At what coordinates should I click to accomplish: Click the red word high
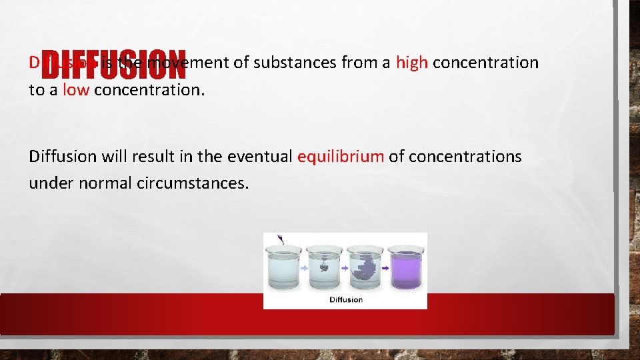pos(411,63)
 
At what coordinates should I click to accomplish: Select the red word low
pos(75,90)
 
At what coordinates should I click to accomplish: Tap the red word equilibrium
pos(340,157)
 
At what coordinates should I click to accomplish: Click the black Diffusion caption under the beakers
pos(346,299)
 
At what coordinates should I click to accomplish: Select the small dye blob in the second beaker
pos(323,265)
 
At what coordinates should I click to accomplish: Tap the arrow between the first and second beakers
pos(304,267)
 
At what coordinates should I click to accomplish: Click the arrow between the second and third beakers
pos(345,267)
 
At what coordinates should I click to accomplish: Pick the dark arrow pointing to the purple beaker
pos(386,267)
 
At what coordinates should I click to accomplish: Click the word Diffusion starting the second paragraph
pos(61,157)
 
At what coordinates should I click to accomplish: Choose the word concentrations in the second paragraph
pos(465,157)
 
